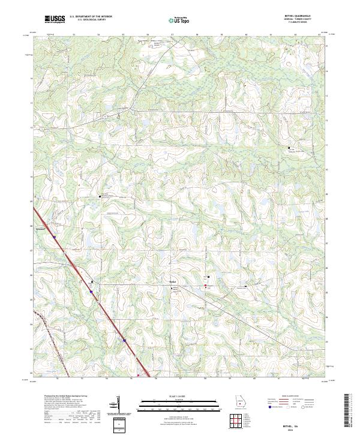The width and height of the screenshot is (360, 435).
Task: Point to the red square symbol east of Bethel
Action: tap(208, 286)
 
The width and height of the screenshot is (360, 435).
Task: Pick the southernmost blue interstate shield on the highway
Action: tap(124, 341)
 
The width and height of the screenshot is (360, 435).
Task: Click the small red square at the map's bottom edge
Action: tap(139, 376)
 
